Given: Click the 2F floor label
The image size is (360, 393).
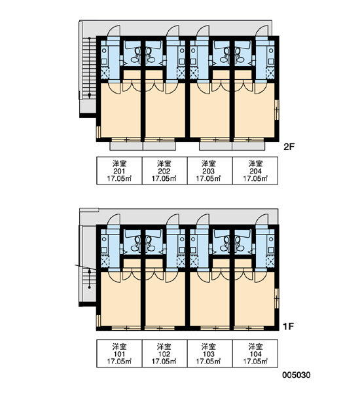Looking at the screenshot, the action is (289, 147).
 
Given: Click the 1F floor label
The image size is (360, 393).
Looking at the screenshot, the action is (289, 326).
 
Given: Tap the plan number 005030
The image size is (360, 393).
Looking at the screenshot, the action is (297, 375).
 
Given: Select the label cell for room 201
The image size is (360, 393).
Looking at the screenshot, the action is (120, 171).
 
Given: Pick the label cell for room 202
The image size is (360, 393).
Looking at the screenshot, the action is (164, 171).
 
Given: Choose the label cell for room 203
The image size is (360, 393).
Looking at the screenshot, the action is (210, 171).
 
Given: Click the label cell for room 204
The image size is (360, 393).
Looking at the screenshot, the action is (255, 171).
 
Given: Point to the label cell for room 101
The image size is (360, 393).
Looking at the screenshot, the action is (120, 354).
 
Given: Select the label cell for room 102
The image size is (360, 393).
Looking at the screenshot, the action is (164, 354).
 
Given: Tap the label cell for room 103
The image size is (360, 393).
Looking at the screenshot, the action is (210, 354).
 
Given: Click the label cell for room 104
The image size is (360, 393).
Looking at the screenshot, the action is (255, 354).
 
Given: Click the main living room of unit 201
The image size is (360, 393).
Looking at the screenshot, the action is (120, 113).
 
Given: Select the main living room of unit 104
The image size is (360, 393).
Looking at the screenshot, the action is (255, 301).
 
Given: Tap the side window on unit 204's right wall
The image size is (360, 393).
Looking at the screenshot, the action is (277, 109).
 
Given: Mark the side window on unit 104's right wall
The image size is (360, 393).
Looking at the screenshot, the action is (277, 298).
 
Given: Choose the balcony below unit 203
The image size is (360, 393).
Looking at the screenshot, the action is (216, 146).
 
